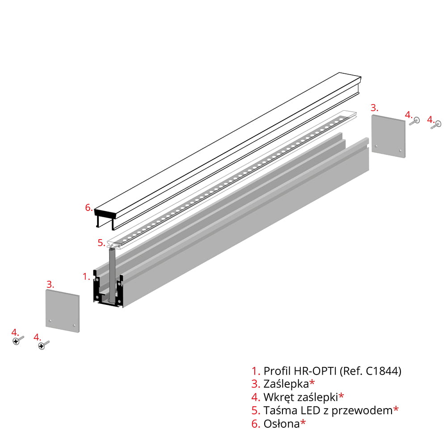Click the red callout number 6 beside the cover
(89, 207)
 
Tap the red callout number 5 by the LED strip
(101, 243)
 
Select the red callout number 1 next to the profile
(86, 276)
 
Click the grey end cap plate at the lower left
(63, 311)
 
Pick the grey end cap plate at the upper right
(388, 136)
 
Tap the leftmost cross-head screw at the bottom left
(18, 340)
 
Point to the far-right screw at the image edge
(436, 125)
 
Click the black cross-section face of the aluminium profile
(108, 288)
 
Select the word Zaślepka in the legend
(286, 384)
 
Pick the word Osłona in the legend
(282, 424)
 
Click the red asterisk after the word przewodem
(396, 409)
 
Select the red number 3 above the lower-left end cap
(50, 284)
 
